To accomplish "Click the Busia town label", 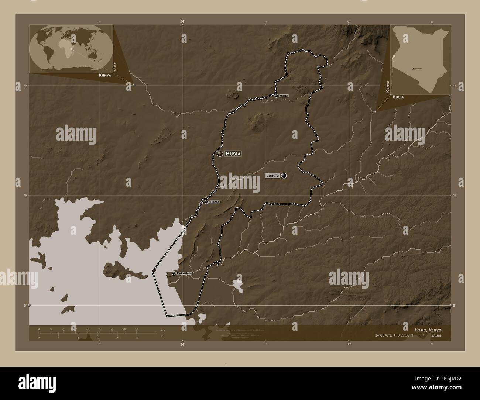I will (233, 154).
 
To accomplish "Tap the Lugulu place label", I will (272, 176).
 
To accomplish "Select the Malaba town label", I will (284, 96).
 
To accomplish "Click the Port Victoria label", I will (184, 273).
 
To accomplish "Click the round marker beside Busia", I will (220, 154).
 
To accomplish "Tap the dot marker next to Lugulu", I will (284, 176).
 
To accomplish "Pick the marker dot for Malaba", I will (277, 96).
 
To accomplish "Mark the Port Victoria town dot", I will (174, 273).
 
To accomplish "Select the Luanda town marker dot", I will (206, 202).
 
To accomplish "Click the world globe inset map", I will (71, 48).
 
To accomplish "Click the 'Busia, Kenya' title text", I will (425, 329).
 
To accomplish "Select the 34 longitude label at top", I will (182, 22).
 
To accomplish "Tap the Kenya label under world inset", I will (104, 75).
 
